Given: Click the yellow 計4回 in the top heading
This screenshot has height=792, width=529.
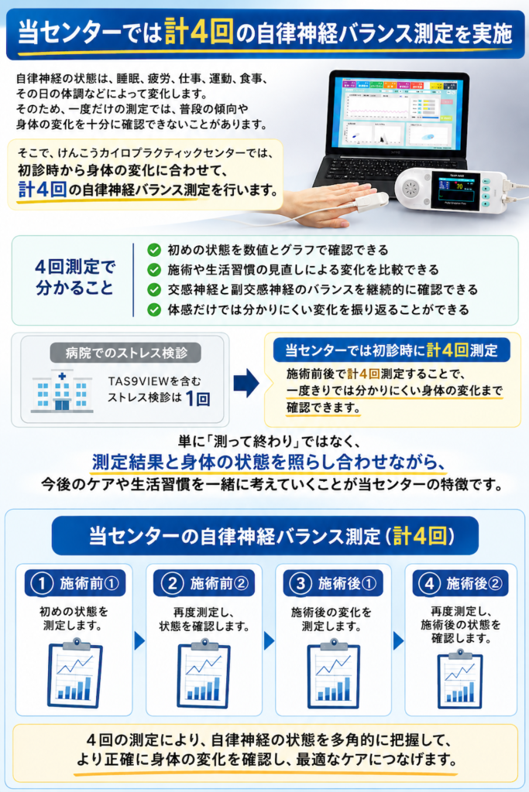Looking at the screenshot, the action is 199,32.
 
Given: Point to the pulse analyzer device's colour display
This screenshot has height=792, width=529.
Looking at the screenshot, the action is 453,191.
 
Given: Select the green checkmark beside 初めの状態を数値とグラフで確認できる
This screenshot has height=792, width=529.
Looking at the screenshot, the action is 154,250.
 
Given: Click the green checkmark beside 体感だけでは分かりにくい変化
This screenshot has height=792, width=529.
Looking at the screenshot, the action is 154,309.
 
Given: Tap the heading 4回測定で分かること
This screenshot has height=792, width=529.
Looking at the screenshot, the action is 75,278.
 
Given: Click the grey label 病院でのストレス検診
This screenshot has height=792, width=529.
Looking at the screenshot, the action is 125,353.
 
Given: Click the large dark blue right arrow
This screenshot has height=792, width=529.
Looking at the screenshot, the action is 246,383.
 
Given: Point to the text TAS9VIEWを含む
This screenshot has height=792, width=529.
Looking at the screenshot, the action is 154,381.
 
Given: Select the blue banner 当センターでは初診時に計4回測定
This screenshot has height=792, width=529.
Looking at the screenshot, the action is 391,350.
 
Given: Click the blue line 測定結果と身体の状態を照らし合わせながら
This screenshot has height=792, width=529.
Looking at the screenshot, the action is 269,463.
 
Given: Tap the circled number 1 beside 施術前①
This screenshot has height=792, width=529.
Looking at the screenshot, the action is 42,583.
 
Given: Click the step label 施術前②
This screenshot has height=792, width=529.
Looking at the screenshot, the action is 219,583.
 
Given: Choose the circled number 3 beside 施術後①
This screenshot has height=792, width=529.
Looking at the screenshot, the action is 301,583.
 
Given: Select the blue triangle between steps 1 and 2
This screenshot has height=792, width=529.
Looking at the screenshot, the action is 139,640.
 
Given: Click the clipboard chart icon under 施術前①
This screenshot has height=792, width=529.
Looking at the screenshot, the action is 75,673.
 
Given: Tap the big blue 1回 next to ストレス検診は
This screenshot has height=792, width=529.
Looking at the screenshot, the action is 198,398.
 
